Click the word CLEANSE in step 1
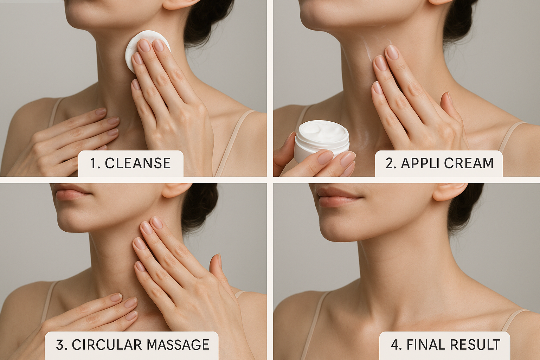(138, 163)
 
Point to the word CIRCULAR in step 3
(106, 345)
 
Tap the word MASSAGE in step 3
(178, 345)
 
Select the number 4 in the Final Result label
(395, 345)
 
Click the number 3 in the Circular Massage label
(60, 345)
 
